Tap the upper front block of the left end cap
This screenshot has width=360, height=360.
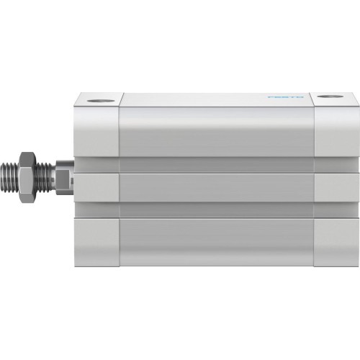pos(96,131)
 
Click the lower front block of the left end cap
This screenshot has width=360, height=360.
pos(96,240)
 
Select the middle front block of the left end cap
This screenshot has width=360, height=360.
pos(96,186)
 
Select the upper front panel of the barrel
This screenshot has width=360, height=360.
pos(216,131)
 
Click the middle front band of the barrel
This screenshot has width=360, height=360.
pos(216,186)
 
